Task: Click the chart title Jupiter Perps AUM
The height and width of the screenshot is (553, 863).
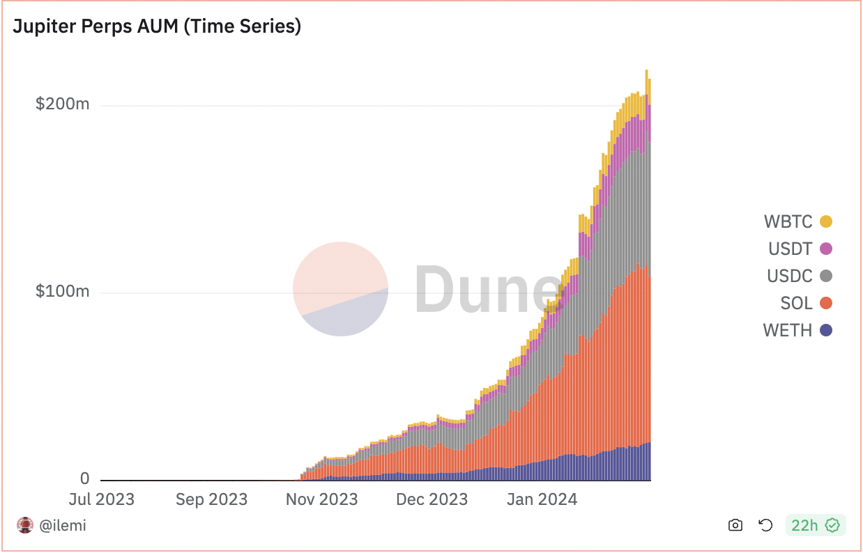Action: [x=157, y=26]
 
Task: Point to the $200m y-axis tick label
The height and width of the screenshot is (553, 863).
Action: [x=63, y=104]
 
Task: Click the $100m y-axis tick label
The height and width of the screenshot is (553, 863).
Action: [x=63, y=291]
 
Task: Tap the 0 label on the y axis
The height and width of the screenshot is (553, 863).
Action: [x=84, y=478]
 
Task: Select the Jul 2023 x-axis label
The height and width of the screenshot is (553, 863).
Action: [x=102, y=499]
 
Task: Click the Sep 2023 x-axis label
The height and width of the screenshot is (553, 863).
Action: [x=211, y=499]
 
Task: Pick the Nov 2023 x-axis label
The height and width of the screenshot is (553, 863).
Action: [x=321, y=499]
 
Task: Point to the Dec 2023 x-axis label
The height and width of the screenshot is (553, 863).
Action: [x=431, y=499]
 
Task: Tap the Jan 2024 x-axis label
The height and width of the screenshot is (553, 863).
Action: [x=542, y=499]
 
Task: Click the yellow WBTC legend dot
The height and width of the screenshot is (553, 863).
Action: [x=826, y=222]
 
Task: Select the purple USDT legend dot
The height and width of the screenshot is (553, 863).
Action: [x=826, y=249]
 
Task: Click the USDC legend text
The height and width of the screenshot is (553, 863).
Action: [x=790, y=276]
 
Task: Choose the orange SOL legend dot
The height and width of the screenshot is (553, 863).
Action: [x=826, y=303]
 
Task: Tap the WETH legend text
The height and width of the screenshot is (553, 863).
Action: [x=788, y=330]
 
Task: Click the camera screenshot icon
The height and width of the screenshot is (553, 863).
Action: [x=735, y=525]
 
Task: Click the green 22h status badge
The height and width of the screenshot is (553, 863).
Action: [x=815, y=525]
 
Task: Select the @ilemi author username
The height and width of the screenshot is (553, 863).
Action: [x=63, y=525]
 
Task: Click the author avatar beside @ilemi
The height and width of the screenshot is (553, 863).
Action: [x=25, y=525]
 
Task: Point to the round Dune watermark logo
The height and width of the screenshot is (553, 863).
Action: [x=340, y=288]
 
